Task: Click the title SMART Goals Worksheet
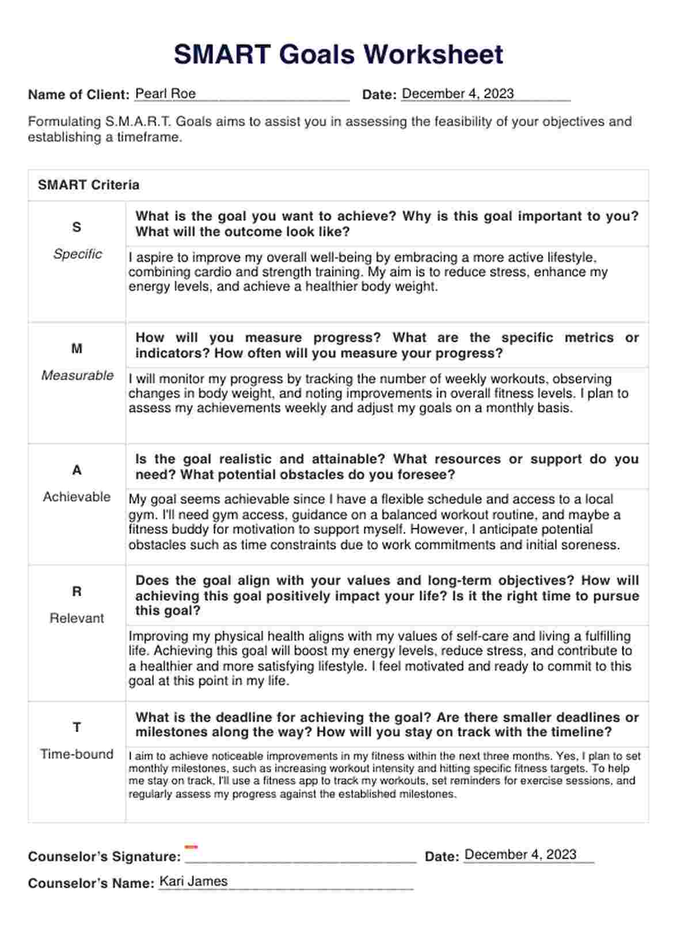click(338, 55)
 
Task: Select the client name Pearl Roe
click(165, 94)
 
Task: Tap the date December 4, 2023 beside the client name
click(458, 94)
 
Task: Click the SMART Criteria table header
click(89, 185)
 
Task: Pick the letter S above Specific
click(77, 227)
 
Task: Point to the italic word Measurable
click(77, 375)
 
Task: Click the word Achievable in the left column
click(77, 497)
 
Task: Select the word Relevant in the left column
click(77, 618)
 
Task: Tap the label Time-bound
click(77, 754)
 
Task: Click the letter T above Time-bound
click(77, 727)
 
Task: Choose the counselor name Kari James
click(193, 881)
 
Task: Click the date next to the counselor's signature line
click(520, 855)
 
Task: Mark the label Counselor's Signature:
click(104, 856)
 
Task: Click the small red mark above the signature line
click(191, 847)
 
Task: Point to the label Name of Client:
click(79, 95)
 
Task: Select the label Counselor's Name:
click(91, 883)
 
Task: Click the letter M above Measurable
click(77, 349)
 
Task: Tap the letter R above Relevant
click(77, 592)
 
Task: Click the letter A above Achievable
click(77, 470)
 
